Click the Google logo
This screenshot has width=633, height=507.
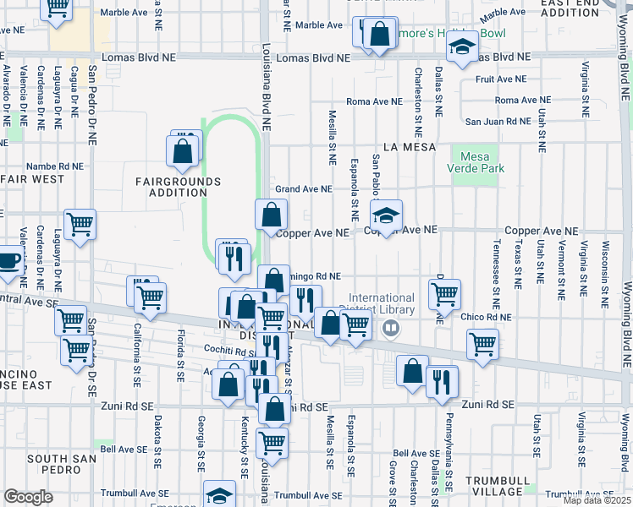(27, 496)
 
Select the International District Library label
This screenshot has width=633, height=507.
(382, 303)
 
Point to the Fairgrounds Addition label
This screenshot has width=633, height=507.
(178, 188)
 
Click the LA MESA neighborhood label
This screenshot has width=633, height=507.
(409, 146)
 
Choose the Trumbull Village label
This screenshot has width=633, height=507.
(495, 485)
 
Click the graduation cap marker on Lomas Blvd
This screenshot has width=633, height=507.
(462, 48)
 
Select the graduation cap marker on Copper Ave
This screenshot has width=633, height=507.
(386, 215)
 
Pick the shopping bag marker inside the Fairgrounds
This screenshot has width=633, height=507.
(183, 150)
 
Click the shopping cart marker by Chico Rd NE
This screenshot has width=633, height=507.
(444, 295)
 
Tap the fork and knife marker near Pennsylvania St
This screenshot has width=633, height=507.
(441, 381)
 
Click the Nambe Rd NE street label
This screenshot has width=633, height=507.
(53, 166)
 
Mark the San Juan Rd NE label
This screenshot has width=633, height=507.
(493, 122)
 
